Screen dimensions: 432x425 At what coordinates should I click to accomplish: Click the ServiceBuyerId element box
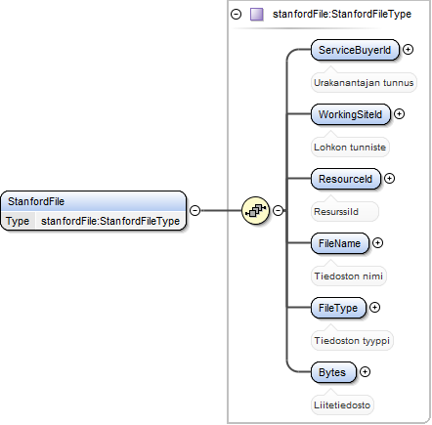click(x=355, y=50)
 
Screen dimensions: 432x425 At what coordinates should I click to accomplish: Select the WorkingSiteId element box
click(x=351, y=114)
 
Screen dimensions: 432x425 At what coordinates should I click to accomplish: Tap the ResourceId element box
click(x=346, y=179)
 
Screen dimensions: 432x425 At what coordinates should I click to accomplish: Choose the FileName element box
click(x=340, y=243)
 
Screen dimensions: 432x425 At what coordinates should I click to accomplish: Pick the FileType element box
click(x=338, y=308)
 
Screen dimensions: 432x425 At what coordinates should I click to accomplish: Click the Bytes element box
click(x=333, y=372)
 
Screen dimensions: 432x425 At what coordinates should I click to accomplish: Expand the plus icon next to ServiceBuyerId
click(x=408, y=50)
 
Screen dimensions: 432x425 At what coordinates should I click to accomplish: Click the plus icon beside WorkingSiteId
click(x=399, y=114)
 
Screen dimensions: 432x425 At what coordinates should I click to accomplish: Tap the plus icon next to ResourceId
click(x=389, y=179)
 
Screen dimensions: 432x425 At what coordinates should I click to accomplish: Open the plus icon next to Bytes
click(x=366, y=372)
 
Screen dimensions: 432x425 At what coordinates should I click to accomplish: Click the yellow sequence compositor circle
click(x=256, y=211)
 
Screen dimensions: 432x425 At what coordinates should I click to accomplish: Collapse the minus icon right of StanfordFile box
click(x=194, y=211)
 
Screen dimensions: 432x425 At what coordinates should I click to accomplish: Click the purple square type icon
click(x=257, y=15)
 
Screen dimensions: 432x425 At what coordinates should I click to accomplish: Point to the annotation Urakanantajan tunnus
click(x=364, y=83)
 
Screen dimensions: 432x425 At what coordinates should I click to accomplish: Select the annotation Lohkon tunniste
click(x=350, y=148)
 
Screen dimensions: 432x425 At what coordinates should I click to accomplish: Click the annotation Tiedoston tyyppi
click(x=352, y=341)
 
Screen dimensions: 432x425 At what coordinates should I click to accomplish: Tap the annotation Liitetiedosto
click(x=342, y=405)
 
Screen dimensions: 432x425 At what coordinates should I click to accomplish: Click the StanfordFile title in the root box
click(x=36, y=201)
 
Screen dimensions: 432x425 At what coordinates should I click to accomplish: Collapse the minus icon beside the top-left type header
click(x=236, y=15)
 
